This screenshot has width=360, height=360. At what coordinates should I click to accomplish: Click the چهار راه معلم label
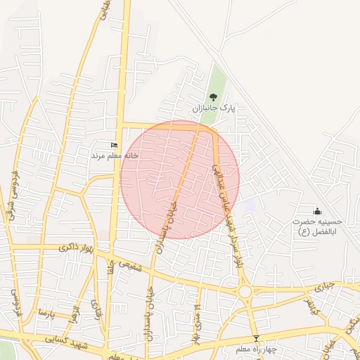point(256,349)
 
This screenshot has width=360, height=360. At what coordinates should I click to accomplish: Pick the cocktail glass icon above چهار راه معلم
point(256,339)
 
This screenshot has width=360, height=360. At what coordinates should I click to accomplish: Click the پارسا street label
point(46,311)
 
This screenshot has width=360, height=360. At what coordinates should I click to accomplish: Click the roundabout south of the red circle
point(245,291)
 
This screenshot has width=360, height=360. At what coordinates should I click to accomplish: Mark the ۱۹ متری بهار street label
point(198,323)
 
